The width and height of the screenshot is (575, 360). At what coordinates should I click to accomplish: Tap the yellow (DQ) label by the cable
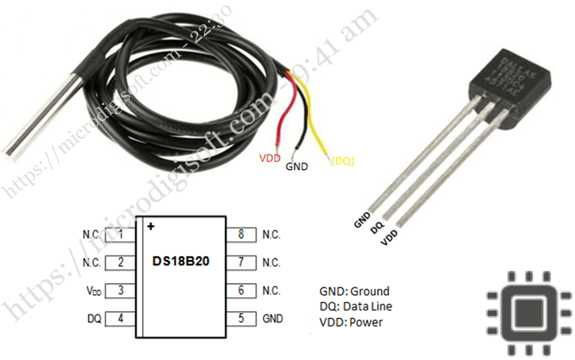pyautogui.click(x=343, y=161)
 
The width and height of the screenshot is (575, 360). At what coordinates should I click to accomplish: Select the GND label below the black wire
pyautogui.click(x=297, y=166)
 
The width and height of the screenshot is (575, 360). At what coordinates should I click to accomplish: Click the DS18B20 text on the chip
pyautogui.click(x=180, y=261)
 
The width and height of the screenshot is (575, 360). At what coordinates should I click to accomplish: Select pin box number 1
pyautogui.click(x=121, y=234)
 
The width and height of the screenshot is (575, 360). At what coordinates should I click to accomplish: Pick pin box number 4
pyautogui.click(x=121, y=318)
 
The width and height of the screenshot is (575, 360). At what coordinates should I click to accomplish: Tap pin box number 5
pyautogui.click(x=241, y=318)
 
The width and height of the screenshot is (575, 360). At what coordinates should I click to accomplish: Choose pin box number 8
pyautogui.click(x=241, y=234)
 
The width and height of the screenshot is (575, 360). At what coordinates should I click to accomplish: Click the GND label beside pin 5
pyautogui.click(x=273, y=318)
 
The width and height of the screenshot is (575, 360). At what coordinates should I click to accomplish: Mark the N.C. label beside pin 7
pyautogui.click(x=271, y=263)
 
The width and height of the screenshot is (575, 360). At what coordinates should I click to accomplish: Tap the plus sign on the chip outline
pyautogui.click(x=150, y=226)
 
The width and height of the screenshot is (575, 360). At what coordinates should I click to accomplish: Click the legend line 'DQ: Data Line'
pyautogui.click(x=355, y=306)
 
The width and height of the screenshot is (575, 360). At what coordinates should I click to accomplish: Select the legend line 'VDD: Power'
pyautogui.click(x=351, y=321)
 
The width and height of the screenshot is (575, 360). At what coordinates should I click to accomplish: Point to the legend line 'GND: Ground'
pyautogui.click(x=354, y=291)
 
